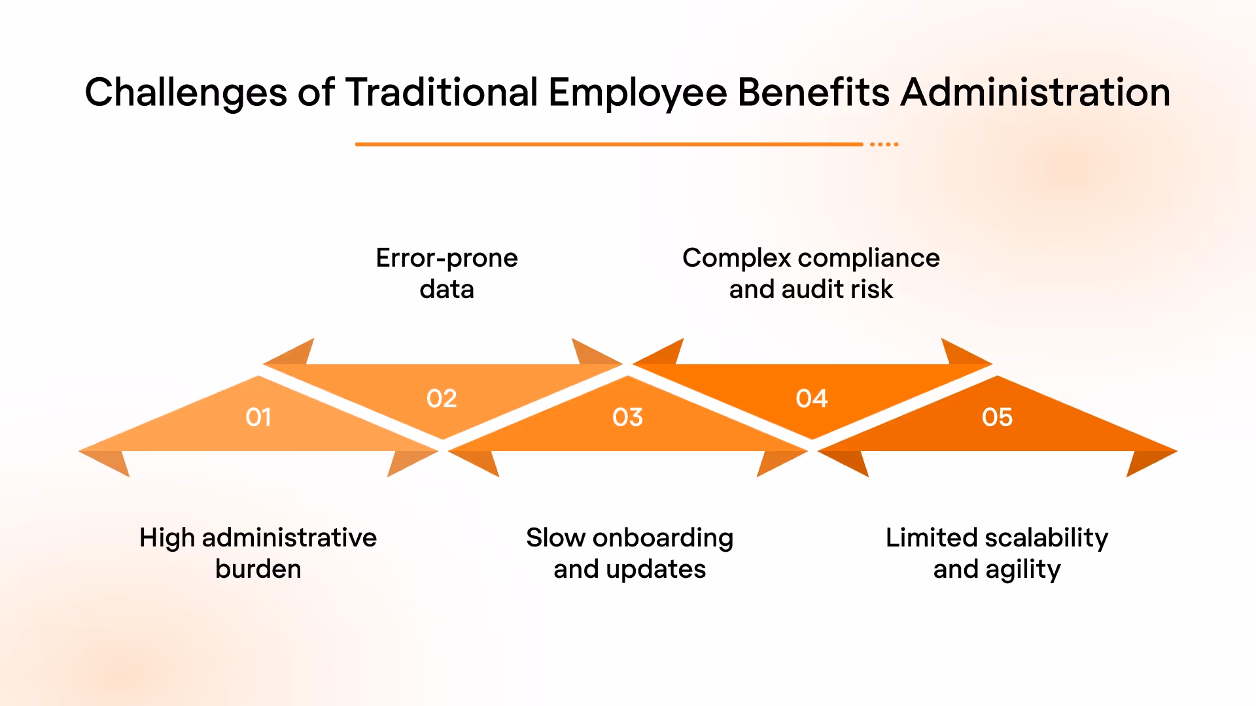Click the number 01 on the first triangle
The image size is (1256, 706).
point(258,417)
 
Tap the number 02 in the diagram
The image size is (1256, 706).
point(442,398)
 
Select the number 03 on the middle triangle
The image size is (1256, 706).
point(628,417)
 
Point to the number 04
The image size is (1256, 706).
point(812,398)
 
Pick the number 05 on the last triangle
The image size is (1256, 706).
point(997,417)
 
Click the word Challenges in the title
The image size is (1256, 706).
point(186,92)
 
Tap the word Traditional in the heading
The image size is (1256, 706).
point(442,92)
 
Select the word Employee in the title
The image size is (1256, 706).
point(638,92)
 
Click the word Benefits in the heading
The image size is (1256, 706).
point(814,92)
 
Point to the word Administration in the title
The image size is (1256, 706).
point(1036,92)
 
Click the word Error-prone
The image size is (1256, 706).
point(447,258)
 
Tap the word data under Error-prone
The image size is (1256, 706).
point(447,289)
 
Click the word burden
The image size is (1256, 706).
point(258,569)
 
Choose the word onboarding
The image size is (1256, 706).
point(663,538)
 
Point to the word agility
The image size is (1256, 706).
point(1023,570)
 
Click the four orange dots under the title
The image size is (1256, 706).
point(884,144)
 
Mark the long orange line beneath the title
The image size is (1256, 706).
point(608,144)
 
